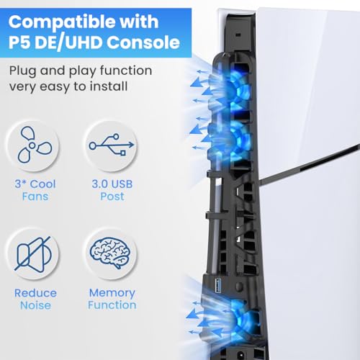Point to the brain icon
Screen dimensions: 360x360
pyautogui.click(x=112, y=253)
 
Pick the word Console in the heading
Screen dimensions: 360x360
pyautogui.click(x=147, y=42)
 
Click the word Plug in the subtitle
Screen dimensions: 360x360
pyautogui.click(x=25, y=71)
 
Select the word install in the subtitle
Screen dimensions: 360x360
pyautogui.click(x=110, y=88)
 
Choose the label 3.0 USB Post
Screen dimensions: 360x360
pyautogui.click(x=112, y=190)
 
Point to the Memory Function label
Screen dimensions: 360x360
pyautogui.click(x=112, y=299)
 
